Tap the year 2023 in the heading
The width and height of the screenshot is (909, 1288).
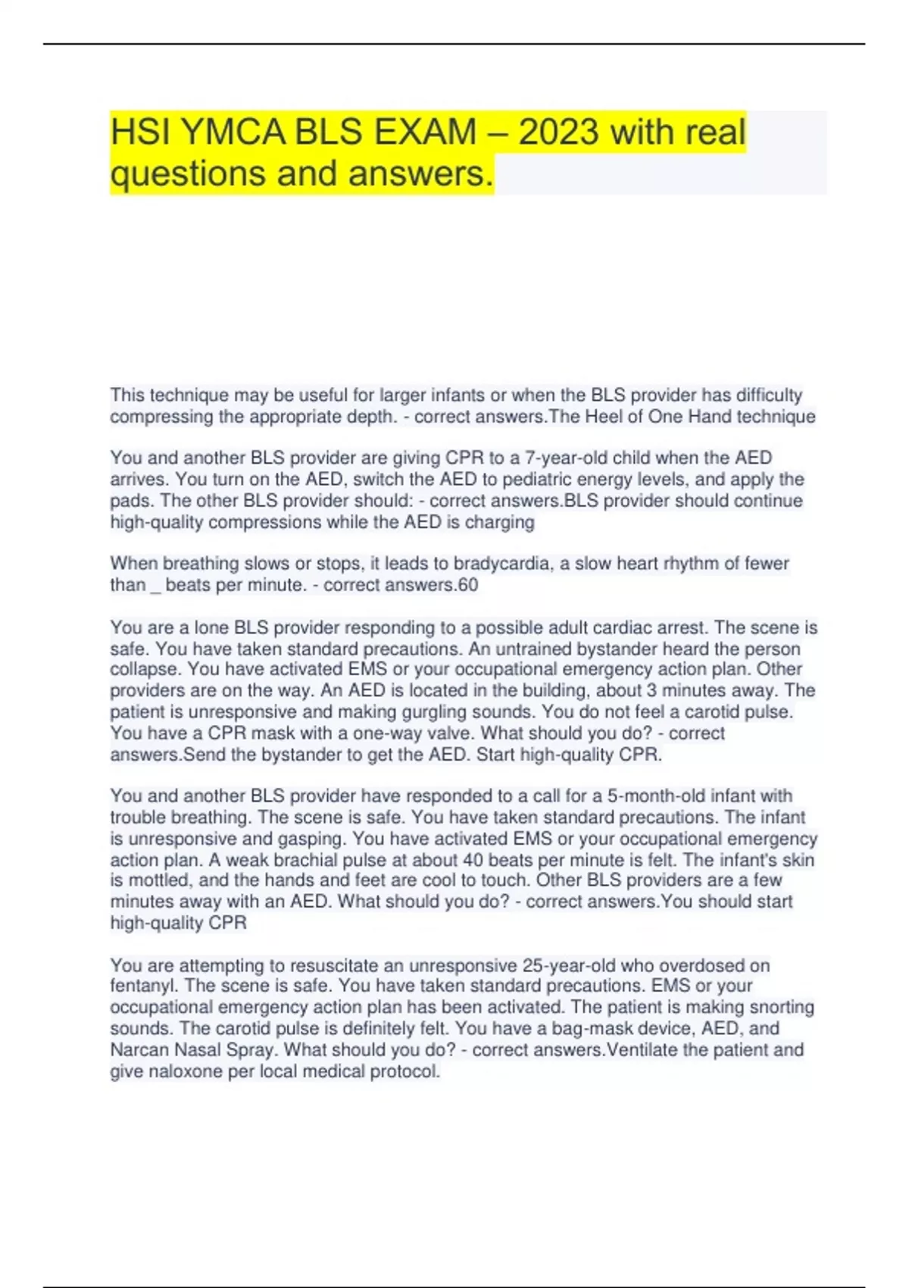click(x=559, y=133)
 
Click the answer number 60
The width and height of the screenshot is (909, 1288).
click(x=468, y=585)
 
